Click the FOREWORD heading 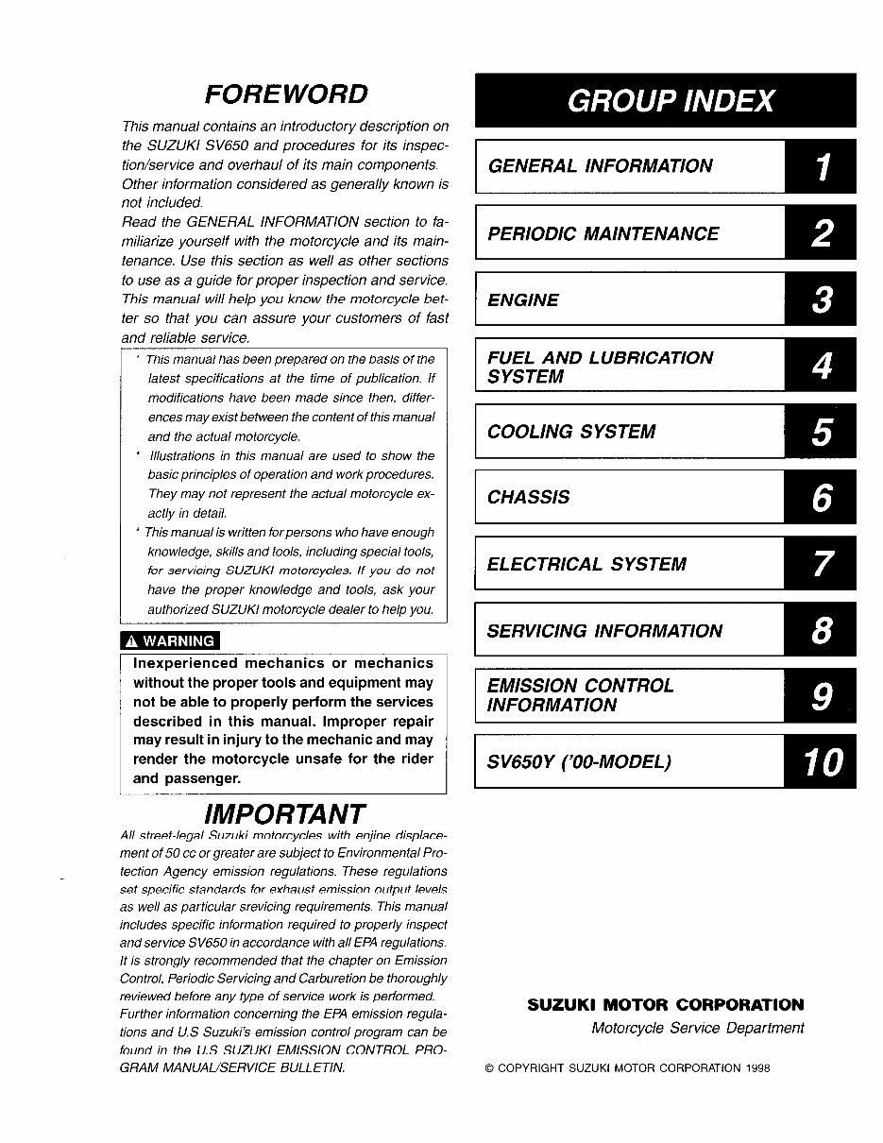pyautogui.click(x=286, y=94)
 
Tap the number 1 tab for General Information pyautogui.click(x=821, y=167)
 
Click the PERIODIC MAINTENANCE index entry pyautogui.click(x=603, y=233)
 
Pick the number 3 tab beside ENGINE pyautogui.click(x=821, y=299)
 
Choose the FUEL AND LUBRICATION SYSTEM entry pyautogui.click(x=600, y=367)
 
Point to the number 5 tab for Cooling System pyautogui.click(x=821, y=432)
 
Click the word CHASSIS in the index pyautogui.click(x=528, y=498)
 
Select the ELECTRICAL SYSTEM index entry pyautogui.click(x=586, y=564)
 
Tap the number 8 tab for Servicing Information pyautogui.click(x=821, y=630)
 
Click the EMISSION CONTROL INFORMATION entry pyautogui.click(x=580, y=695)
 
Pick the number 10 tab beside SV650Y pyautogui.click(x=821, y=761)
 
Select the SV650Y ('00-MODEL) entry pyautogui.click(x=579, y=761)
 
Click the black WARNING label pyautogui.click(x=170, y=641)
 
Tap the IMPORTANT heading pyautogui.click(x=284, y=813)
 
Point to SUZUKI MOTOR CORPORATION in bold pyautogui.click(x=665, y=1005)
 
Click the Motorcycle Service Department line pyautogui.click(x=697, y=1028)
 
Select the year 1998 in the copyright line pyautogui.click(x=756, y=1068)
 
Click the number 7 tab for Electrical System pyautogui.click(x=821, y=564)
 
